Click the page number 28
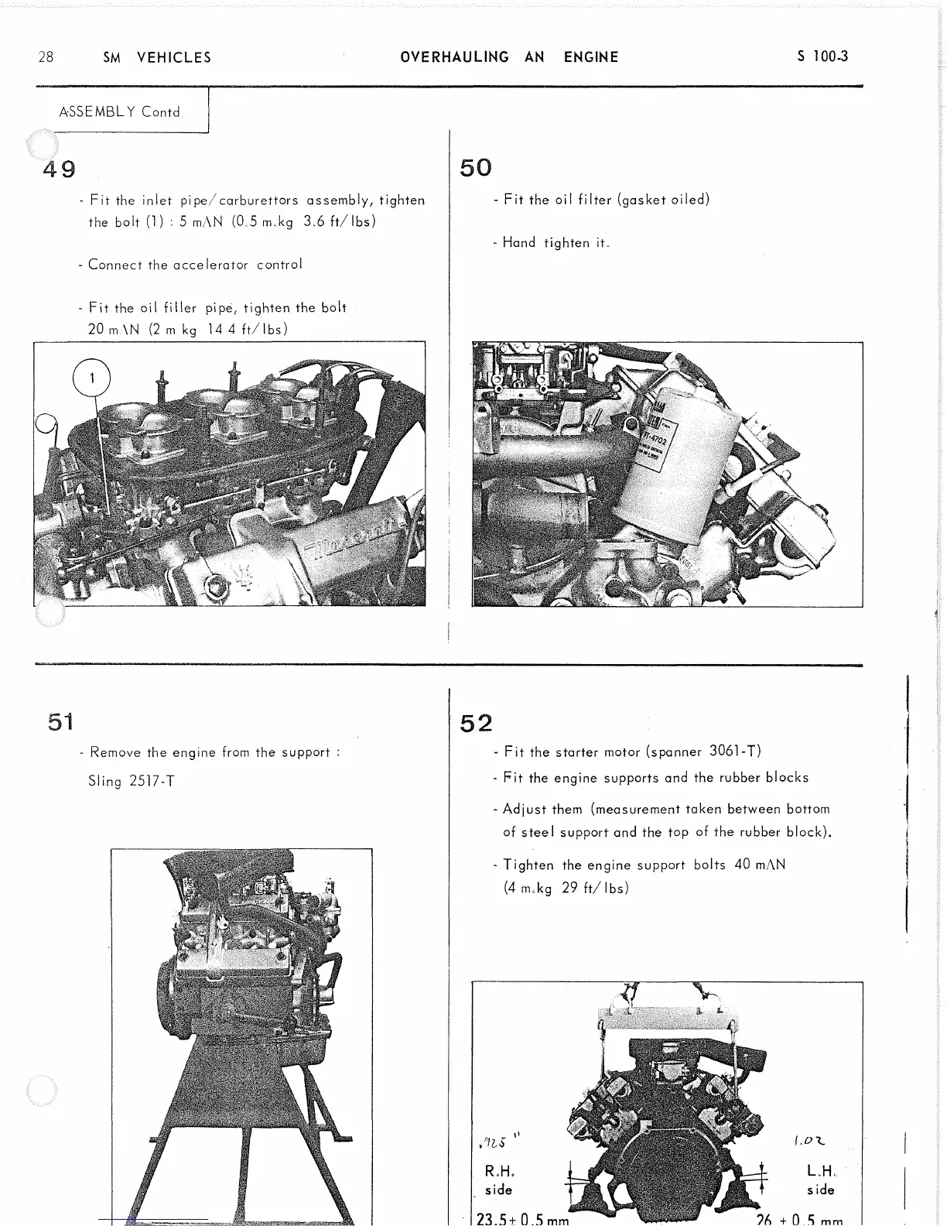(x=46, y=57)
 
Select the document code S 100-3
(x=822, y=57)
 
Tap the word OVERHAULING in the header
(x=455, y=57)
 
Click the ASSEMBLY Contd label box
(x=120, y=111)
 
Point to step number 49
(x=60, y=168)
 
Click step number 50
(x=476, y=168)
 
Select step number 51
(x=60, y=722)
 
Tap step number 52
(x=476, y=723)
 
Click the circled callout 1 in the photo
(x=91, y=378)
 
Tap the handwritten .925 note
(x=496, y=1141)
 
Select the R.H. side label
(x=500, y=1180)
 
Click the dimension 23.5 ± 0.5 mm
(x=523, y=1218)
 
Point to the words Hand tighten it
(x=556, y=242)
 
